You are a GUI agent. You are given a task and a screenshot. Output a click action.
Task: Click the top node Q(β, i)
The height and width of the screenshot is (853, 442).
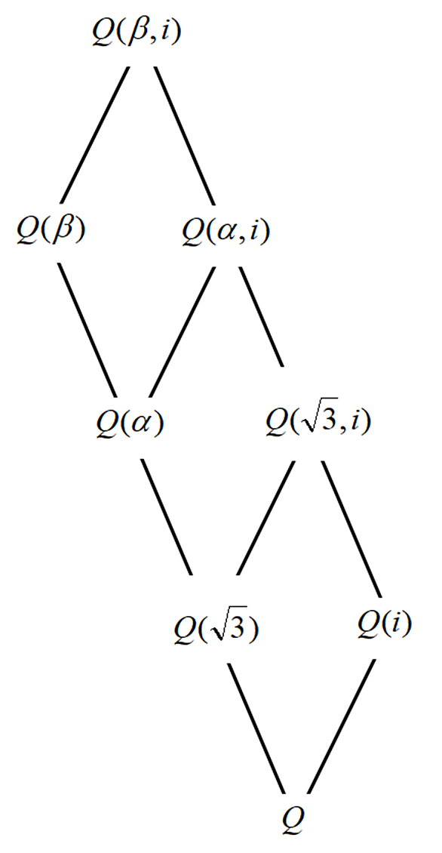[x=136, y=33]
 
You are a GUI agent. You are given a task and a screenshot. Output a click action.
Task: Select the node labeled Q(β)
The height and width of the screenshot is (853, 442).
[x=52, y=231]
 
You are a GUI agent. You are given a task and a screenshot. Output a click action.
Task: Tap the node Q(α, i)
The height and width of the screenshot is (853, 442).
[x=225, y=232]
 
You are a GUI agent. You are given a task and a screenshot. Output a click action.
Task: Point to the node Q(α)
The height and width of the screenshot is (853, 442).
[x=129, y=423]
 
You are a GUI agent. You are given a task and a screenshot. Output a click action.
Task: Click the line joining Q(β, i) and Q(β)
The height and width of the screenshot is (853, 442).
[x=94, y=134]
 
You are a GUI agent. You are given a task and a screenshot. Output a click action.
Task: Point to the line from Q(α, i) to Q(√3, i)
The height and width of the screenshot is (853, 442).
[x=262, y=317]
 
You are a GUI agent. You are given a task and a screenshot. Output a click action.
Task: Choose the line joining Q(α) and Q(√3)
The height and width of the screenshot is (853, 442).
[x=167, y=517]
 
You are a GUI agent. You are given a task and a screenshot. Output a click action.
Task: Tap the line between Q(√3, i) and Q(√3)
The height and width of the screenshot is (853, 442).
[x=266, y=518]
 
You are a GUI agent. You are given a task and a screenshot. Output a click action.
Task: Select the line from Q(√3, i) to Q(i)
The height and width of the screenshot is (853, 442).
[x=351, y=528]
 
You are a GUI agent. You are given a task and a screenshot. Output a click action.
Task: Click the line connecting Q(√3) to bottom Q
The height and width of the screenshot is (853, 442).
[x=256, y=728]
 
